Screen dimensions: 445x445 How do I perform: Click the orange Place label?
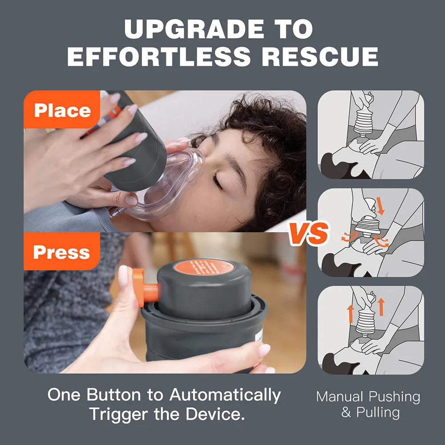point(62,110)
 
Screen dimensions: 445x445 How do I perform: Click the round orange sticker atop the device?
point(204,267)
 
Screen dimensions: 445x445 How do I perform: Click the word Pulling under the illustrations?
point(378,412)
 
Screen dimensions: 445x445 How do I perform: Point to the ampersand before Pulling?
point(346,412)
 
